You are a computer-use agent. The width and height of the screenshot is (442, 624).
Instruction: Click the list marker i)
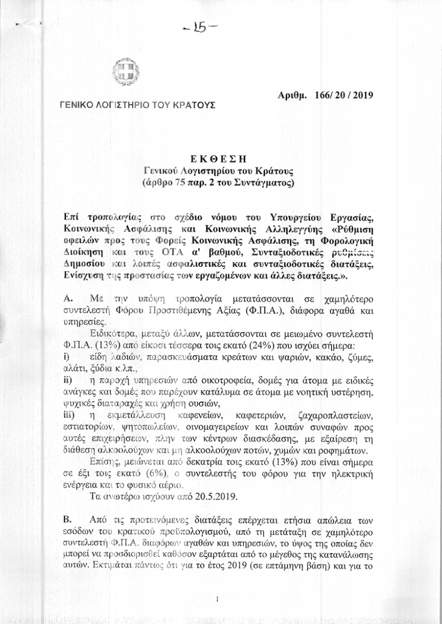click(66, 357)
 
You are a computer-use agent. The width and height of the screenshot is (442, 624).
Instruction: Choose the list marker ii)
click(67, 380)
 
